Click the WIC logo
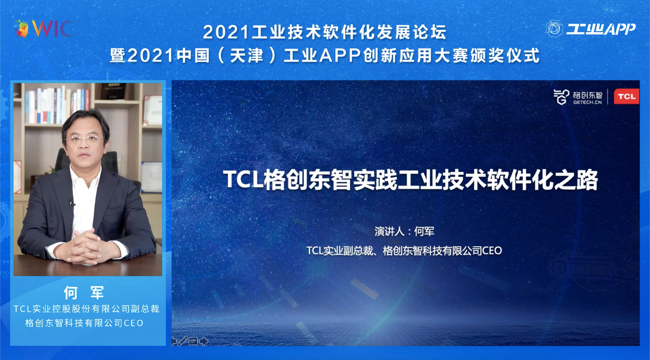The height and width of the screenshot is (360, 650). [x=43, y=29]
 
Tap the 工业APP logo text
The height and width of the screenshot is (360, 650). [x=601, y=29]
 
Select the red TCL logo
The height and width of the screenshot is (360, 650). [x=626, y=96]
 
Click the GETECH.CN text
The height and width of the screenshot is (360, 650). [x=587, y=102]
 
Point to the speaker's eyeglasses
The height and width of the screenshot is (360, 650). [x=84, y=140]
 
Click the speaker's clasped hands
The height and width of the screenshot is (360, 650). [x=84, y=247]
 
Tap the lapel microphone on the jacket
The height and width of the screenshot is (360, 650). [x=71, y=202]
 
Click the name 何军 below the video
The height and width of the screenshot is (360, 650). [x=84, y=292]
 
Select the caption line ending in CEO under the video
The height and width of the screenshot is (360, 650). [x=84, y=323]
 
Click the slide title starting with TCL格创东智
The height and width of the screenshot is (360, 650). [x=410, y=180]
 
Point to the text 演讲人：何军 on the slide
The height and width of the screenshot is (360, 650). [x=404, y=231]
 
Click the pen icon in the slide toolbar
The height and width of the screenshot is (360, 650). [x=182, y=341]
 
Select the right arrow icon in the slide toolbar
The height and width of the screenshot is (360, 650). [x=204, y=341]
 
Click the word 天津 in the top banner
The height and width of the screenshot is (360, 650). [x=246, y=55]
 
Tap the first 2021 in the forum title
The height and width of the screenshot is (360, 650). [x=226, y=32]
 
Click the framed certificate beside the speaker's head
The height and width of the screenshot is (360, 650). [x=152, y=110]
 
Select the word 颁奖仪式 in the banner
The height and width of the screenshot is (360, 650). [x=504, y=55]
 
